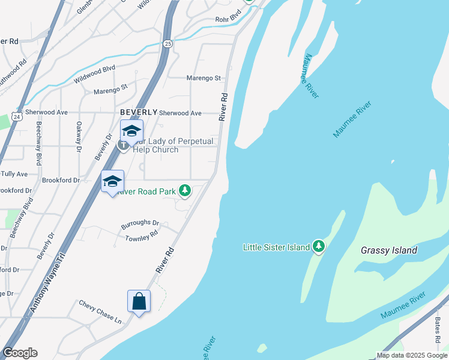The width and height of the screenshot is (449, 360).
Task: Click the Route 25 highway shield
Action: coord(167,44)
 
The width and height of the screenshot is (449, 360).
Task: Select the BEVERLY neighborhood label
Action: coord(139,112)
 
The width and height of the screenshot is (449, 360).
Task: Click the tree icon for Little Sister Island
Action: coord(319,247)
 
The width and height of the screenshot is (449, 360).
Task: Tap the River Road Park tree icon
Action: coord(185,191)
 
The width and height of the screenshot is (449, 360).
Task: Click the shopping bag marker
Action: coord(139,301)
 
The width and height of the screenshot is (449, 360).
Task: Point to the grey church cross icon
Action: coord(123,145)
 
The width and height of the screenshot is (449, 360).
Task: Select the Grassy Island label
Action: coord(389,250)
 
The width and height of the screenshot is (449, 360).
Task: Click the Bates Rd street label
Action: coord(438,329)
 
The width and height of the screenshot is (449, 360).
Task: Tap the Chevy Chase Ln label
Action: coord(100,312)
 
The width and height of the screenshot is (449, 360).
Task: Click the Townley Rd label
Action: coord(141,236)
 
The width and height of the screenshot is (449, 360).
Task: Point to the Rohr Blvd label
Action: coord(228,20)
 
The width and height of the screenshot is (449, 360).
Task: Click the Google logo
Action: coord(20,353)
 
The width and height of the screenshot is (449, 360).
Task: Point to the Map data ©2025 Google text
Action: coord(412,355)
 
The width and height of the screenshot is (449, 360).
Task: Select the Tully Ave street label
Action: coord(14,174)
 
